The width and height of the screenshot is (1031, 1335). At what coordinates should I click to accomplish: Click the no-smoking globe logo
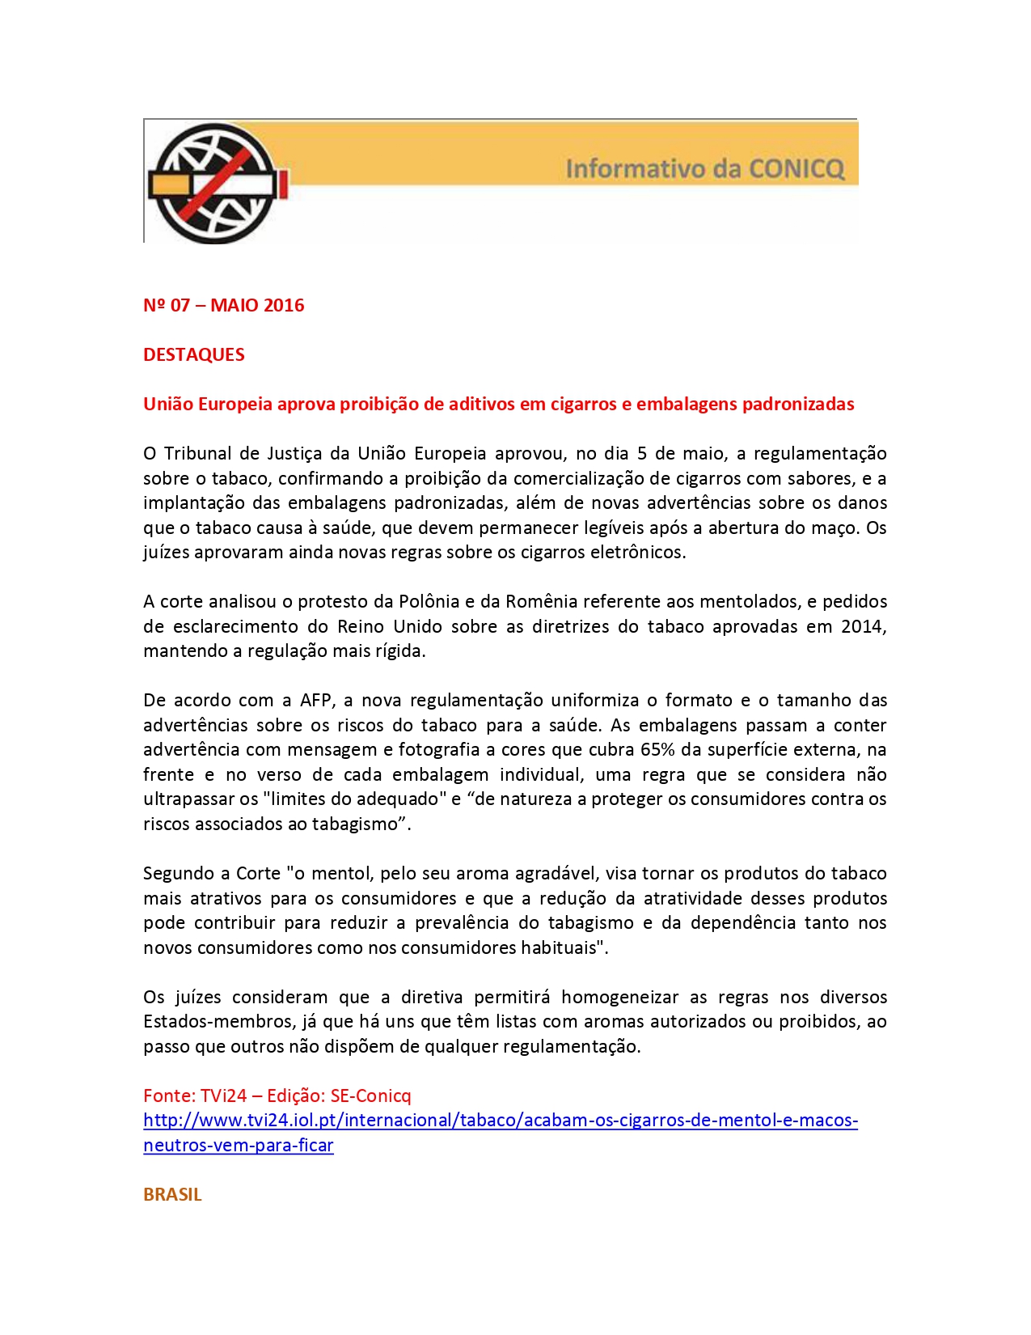click(215, 183)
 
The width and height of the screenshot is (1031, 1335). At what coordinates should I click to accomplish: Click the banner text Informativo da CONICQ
click(704, 169)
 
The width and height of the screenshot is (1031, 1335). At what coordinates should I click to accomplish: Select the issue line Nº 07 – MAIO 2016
click(223, 305)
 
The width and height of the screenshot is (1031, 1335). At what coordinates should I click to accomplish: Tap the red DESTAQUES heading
click(193, 354)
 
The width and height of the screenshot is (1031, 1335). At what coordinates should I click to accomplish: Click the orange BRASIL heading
click(172, 1194)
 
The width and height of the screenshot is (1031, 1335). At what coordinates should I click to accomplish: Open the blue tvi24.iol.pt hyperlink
click(500, 1121)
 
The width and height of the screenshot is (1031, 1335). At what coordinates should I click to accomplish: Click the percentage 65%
click(658, 749)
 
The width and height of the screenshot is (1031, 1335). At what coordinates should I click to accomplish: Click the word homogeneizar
click(619, 997)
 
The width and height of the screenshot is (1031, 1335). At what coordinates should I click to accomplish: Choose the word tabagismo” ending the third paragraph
click(367, 824)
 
